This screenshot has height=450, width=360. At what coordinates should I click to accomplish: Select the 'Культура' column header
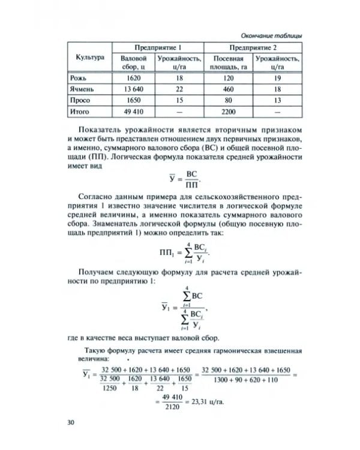click(90, 57)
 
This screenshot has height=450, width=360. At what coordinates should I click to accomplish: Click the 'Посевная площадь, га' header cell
click(228, 63)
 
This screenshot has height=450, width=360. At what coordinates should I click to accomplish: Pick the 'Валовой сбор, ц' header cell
click(134, 63)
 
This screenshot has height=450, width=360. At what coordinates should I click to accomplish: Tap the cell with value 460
click(228, 89)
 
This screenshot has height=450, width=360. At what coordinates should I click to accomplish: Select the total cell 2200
click(228, 112)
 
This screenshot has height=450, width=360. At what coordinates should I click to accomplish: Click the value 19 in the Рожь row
click(277, 78)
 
